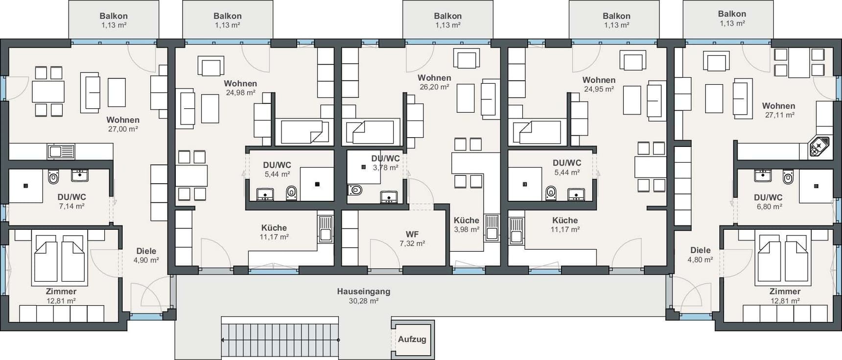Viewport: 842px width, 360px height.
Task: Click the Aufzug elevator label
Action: [x=412, y=339]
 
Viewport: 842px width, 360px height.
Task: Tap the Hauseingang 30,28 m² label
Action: [x=363, y=296]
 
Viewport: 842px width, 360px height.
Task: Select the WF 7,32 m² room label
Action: [x=412, y=239]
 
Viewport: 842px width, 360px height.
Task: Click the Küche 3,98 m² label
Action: [x=466, y=225]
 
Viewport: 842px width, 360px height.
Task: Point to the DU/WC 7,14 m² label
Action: [x=71, y=201]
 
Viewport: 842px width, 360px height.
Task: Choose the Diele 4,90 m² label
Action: [x=146, y=255]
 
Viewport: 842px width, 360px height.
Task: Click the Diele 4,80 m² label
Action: [x=700, y=255]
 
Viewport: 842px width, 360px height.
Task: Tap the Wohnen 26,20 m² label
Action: [x=434, y=82]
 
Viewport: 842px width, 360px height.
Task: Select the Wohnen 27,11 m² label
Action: [x=778, y=110]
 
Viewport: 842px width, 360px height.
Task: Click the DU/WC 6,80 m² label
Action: [x=768, y=202]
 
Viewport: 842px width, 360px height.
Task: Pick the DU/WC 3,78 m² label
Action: [x=385, y=163]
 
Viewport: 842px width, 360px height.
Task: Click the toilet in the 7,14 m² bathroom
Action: [x=53, y=177]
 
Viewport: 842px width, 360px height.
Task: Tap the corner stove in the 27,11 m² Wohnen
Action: [x=819, y=146]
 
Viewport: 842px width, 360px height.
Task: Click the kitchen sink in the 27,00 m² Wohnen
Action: [x=61, y=152]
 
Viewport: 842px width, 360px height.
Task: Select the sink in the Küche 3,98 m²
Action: [x=491, y=228]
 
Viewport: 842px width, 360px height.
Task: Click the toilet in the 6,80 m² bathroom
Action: [x=788, y=177]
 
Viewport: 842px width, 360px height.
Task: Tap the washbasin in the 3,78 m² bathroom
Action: [x=389, y=197]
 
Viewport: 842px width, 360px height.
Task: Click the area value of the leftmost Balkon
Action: [x=114, y=25]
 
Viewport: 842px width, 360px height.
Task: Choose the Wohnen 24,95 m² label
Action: [x=599, y=84]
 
